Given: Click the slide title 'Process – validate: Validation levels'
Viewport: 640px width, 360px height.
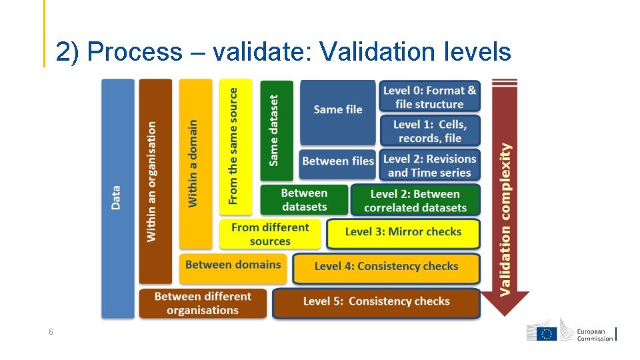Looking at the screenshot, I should [283, 51].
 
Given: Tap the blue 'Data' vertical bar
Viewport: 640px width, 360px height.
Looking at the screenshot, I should [117, 198].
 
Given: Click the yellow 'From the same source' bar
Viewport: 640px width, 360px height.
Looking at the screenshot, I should [235, 147].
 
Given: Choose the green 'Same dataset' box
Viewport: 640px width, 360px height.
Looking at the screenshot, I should [276, 130].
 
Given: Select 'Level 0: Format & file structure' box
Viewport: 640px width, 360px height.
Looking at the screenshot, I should [429, 97].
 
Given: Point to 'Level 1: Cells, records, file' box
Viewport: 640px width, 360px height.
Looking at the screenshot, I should [429, 131].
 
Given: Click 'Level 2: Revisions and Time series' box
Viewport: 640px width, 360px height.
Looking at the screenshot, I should [429, 165].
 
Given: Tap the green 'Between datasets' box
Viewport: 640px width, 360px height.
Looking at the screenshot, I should [304, 200].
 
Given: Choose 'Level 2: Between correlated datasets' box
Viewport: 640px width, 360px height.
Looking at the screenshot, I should [415, 201].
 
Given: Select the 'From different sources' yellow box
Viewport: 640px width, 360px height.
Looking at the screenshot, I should [270, 234].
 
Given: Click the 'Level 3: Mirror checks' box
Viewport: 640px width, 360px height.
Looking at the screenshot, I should [403, 233].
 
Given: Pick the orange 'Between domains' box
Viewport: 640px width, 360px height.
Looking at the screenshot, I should [233, 266].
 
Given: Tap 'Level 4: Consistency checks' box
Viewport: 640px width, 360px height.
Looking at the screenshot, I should [386, 267].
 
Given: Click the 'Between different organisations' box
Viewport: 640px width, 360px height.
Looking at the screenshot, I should [203, 303].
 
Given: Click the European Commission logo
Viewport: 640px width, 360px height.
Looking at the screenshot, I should [571, 333].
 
